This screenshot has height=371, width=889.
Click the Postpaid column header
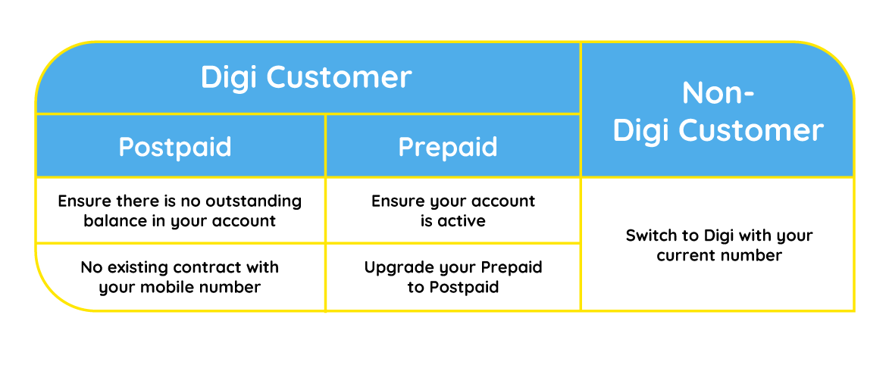click(175, 148)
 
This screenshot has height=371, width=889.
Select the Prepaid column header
click(448, 148)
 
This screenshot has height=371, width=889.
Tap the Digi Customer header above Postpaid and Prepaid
click(306, 77)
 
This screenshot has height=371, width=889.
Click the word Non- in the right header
click(718, 92)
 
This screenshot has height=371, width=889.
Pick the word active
click(462, 220)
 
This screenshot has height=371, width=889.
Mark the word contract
click(215, 267)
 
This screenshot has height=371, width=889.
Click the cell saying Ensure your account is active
click(453, 210)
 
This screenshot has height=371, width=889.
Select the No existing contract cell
click(180, 278)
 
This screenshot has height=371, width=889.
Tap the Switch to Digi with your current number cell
click(718, 244)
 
